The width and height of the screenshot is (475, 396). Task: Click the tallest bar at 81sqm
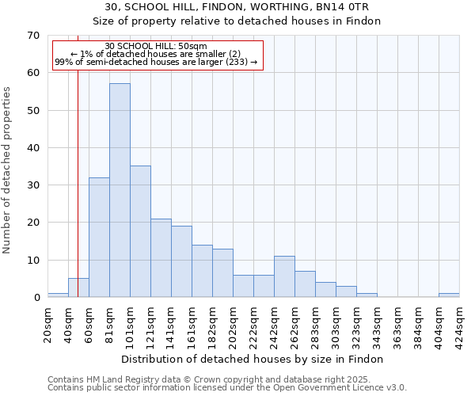tap(120, 190)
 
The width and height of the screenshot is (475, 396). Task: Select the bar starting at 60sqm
tap(99, 238)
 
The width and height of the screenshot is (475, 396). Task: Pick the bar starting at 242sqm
tap(284, 276)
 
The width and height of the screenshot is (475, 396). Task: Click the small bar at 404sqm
tap(449, 295)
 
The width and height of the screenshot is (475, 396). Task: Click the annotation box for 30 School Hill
tap(156, 54)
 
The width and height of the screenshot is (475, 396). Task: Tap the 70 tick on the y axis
tap(32, 36)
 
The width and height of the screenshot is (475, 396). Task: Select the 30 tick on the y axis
tap(32, 185)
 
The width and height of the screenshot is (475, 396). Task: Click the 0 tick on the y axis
tap(36, 298)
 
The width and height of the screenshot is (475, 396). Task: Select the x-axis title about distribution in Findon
tap(253, 359)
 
